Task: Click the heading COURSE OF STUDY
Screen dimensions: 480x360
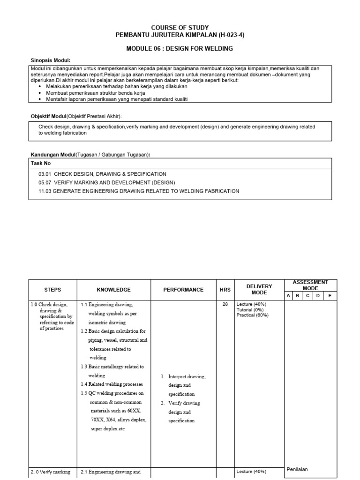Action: pos(180,28)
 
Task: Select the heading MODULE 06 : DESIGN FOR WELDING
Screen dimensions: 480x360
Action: pos(180,49)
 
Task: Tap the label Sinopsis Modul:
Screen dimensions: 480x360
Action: pos(51,60)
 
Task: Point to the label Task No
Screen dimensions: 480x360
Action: pos(41,163)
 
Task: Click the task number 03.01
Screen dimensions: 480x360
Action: pos(45,174)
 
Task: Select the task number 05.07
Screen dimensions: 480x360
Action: pos(45,182)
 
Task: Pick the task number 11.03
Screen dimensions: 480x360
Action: pos(45,191)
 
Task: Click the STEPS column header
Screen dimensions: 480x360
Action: pos(52,290)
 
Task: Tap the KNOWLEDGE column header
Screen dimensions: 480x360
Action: pos(113,290)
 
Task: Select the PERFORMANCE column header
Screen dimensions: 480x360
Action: pos(183,290)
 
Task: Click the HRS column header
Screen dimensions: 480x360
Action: pos(225,290)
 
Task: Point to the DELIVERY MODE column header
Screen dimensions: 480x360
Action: pos(259,289)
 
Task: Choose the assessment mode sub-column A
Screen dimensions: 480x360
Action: pos(289,296)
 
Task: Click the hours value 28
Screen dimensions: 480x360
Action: pos(225,304)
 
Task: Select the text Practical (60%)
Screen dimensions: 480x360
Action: pos(253,315)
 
